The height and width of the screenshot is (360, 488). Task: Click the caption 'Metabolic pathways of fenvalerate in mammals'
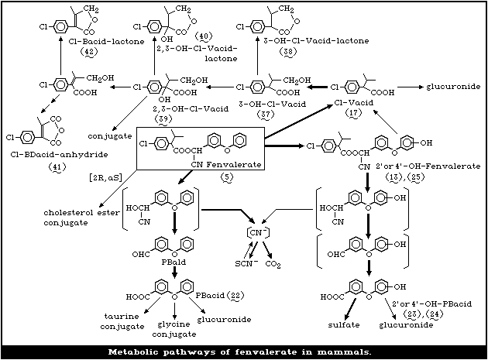tap(244, 351)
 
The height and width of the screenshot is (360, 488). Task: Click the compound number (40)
tap(204, 36)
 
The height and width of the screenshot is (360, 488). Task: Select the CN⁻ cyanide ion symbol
tap(256, 231)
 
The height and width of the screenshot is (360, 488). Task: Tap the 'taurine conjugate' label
tap(126, 322)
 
